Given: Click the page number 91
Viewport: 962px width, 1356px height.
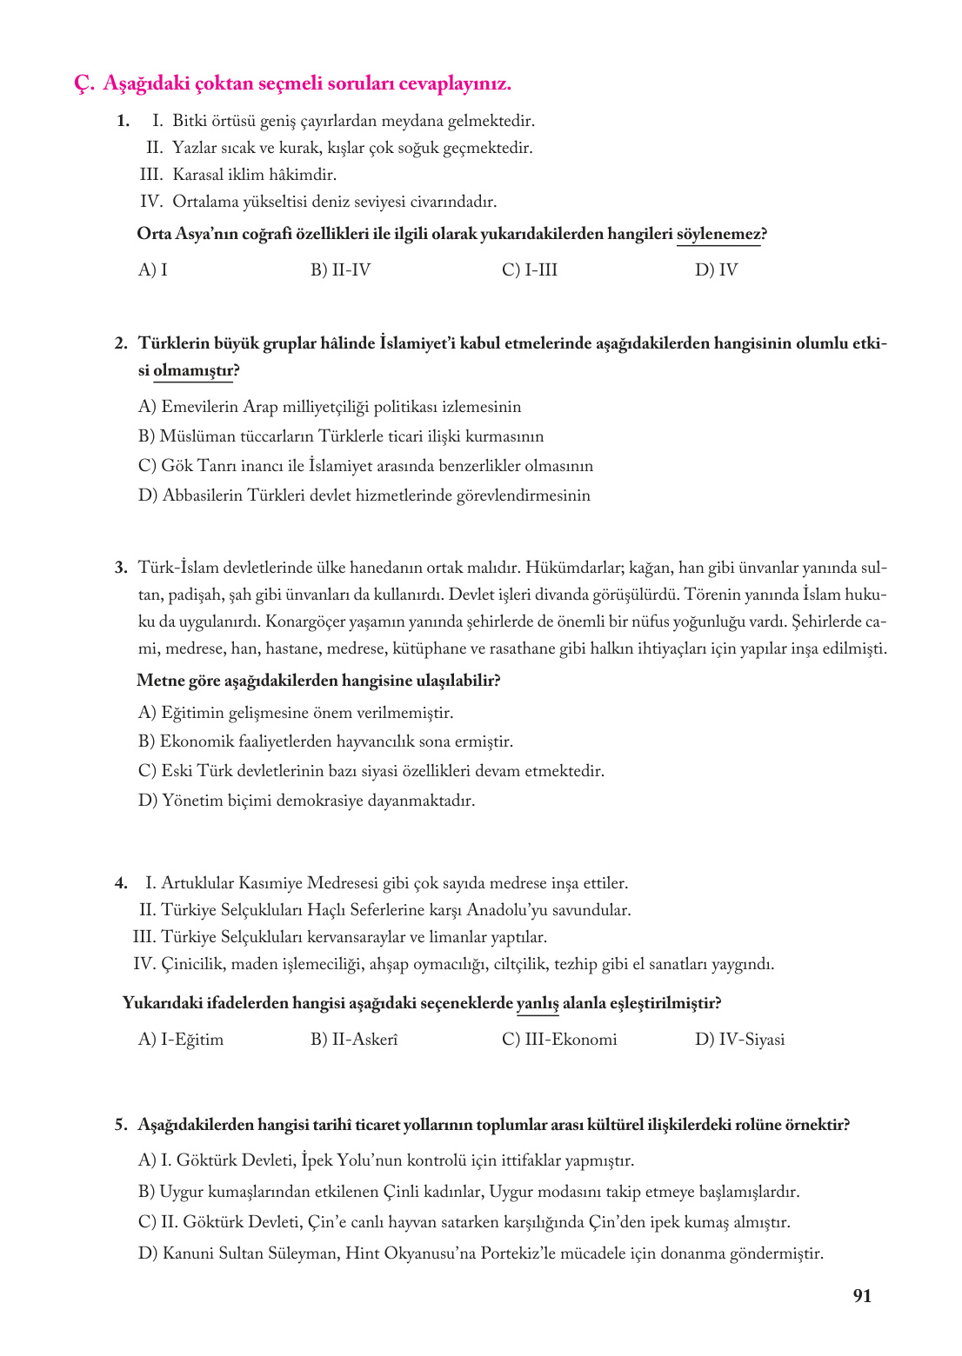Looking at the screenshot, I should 861,1295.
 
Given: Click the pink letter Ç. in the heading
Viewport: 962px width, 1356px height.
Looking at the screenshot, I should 84,84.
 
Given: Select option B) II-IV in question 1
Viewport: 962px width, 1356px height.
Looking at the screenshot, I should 341,270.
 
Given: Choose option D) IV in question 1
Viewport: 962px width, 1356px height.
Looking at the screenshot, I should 716,270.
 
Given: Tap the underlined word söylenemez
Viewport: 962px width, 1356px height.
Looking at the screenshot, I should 718,234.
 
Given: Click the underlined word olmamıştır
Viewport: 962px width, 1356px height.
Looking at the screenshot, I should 193,370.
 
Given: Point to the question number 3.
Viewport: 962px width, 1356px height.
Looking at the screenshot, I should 121,568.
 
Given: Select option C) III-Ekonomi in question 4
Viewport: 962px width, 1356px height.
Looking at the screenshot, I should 559,1040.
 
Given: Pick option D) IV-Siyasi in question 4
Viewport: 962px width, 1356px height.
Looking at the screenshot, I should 739,1040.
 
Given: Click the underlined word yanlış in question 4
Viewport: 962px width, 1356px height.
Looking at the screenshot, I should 538,1003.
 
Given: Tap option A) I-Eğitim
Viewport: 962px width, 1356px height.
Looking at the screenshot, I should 181,1040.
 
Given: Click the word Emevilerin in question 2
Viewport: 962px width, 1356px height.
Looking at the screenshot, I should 201,407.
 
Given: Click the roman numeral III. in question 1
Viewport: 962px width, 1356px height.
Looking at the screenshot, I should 151,175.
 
